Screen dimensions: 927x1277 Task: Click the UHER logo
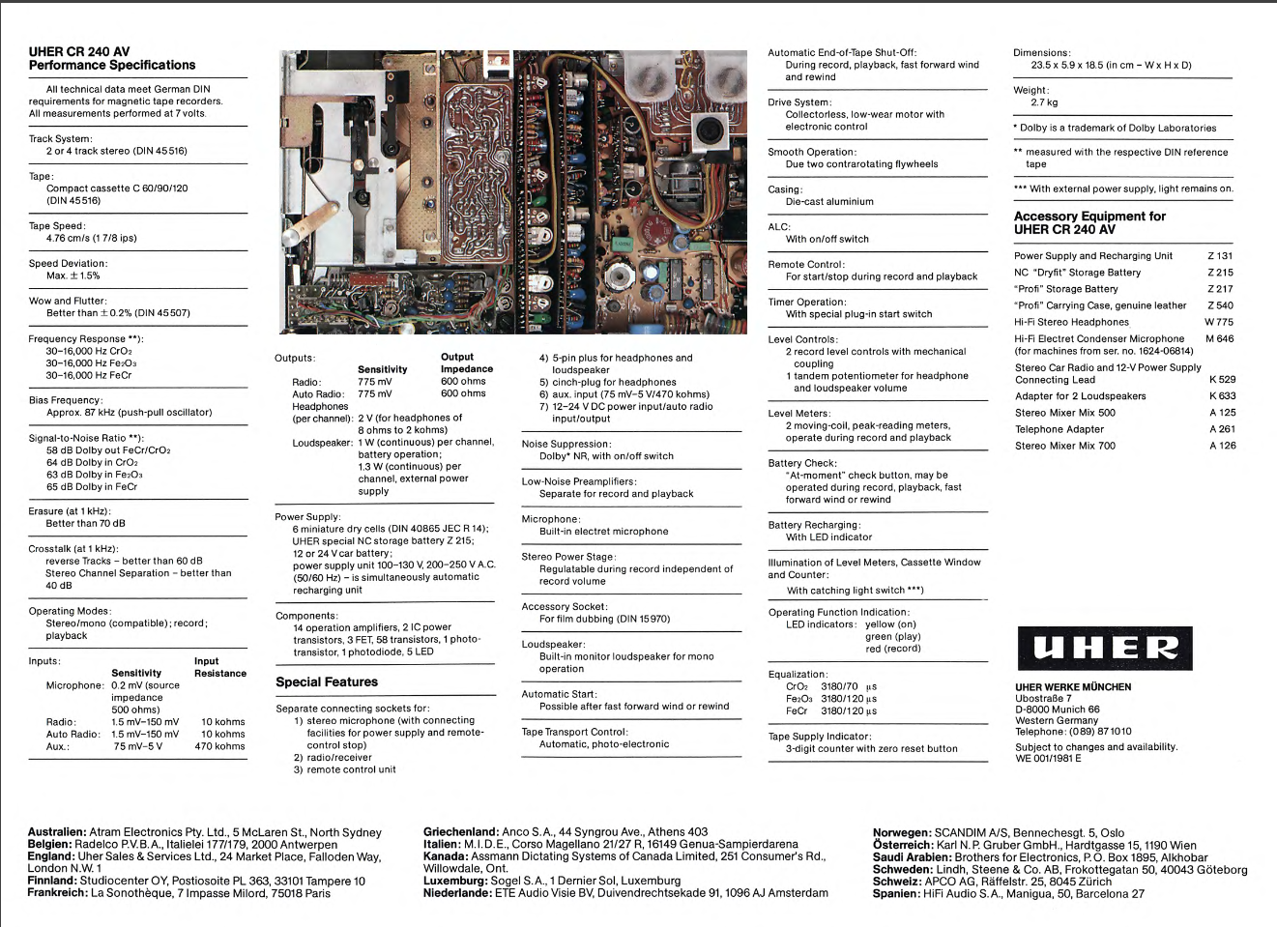[1104, 649]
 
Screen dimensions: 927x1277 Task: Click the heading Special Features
[327, 682]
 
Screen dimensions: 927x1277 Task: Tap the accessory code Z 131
[1220, 256]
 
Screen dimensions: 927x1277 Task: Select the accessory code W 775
[1219, 322]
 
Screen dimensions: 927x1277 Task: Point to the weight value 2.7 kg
[1044, 102]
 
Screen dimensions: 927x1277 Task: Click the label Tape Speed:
[57, 226]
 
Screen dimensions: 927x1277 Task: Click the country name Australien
[57, 832]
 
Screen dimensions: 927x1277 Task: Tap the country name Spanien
[895, 894]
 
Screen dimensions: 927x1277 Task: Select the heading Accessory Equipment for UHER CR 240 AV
[1089, 223]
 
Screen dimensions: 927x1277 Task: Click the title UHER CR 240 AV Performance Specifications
[112, 59]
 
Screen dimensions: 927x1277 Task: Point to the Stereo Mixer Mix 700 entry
[1064, 446]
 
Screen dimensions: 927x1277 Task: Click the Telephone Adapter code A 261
[1222, 429]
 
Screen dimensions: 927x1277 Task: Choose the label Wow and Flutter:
[68, 302]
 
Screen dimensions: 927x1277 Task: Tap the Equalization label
[798, 675]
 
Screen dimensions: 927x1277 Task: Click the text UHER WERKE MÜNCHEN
[1073, 687]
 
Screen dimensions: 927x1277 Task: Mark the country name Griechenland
[461, 832]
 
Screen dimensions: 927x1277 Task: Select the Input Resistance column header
[220, 668]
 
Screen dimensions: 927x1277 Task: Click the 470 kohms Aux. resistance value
[219, 746]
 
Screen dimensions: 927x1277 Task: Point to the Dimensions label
[1042, 53]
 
